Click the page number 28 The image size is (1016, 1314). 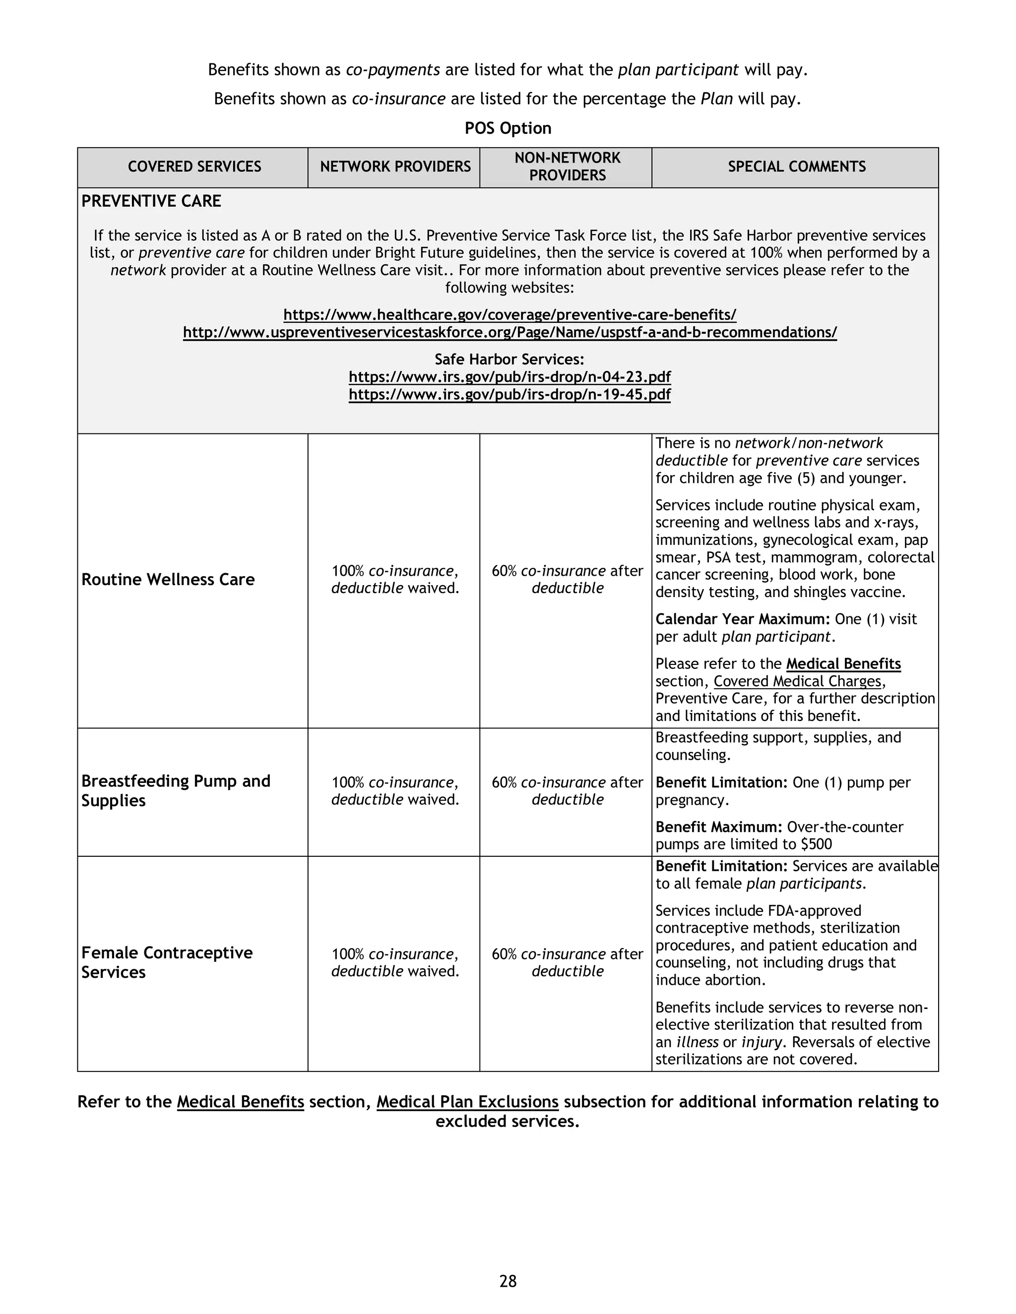[508, 1281]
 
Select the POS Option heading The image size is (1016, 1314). [508, 128]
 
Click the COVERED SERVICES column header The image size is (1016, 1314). [194, 167]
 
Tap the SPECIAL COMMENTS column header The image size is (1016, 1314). [796, 167]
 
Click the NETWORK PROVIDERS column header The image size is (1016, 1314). [395, 167]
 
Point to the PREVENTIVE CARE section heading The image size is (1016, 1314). [151, 201]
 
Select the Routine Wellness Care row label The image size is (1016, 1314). [168, 579]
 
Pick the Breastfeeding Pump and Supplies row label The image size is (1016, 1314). [175, 790]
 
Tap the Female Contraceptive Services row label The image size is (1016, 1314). [167, 962]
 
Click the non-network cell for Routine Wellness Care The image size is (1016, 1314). [567, 579]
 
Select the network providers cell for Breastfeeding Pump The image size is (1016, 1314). [395, 790]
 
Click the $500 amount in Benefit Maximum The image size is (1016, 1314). [816, 844]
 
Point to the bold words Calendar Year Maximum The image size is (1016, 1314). [742, 619]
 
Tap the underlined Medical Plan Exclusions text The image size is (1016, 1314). [467, 1102]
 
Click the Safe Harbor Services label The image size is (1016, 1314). [509, 359]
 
